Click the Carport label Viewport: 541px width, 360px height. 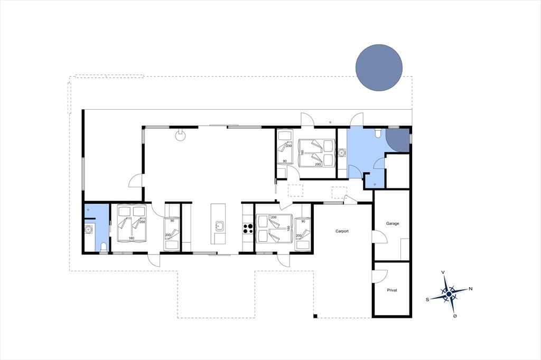342,231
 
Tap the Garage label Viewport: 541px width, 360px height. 393,223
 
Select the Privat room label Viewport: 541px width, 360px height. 392,290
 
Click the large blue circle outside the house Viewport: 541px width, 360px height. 379,68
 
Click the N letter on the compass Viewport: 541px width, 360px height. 470,289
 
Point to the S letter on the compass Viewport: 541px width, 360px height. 427,299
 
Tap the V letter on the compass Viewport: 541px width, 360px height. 443,272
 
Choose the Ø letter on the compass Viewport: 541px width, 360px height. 455,316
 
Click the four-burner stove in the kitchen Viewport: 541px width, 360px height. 248,229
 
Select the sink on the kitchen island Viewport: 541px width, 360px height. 219,226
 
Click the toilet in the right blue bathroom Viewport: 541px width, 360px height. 378,133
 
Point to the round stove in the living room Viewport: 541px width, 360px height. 180,135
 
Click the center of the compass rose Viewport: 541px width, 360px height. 449,294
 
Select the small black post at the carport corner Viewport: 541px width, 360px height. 315,316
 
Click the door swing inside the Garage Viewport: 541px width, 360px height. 379,237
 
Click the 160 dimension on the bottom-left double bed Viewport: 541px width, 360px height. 132,238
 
